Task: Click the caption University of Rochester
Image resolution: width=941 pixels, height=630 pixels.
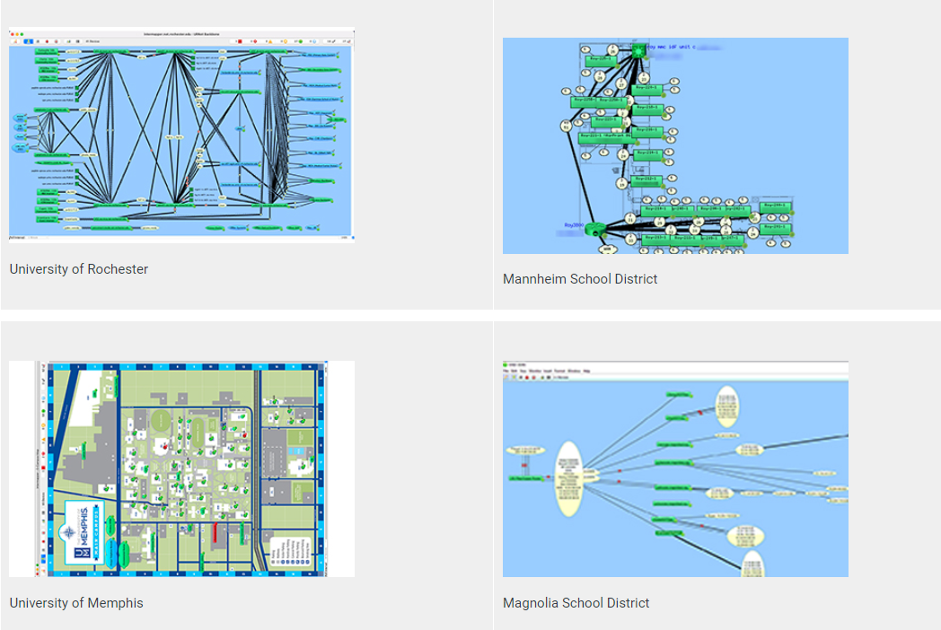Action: [79, 269]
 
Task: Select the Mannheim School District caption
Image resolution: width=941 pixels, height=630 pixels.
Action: [580, 279]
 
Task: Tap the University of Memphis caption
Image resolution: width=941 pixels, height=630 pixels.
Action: [76, 603]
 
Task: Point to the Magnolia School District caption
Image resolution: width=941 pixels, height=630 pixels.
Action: [576, 603]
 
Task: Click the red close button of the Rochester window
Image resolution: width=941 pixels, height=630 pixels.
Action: [12, 32]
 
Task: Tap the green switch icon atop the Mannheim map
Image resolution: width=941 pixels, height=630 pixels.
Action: [638, 52]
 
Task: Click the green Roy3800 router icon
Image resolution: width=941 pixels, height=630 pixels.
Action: [593, 230]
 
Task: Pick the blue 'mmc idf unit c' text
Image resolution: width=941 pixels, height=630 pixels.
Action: [669, 46]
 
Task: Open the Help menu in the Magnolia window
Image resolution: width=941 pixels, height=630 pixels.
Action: [586, 371]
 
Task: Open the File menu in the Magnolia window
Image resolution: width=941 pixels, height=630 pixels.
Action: [507, 371]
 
